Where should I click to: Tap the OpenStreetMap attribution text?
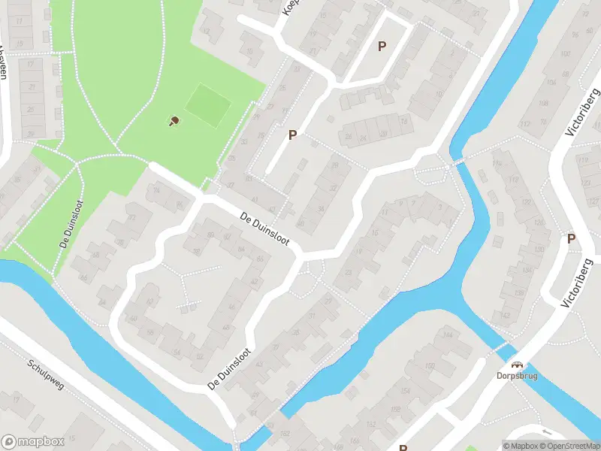tap(569, 446)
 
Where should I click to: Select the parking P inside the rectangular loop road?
tap(382, 47)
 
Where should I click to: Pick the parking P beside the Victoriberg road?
tap(571, 239)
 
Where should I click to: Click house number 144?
tap(448, 334)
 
